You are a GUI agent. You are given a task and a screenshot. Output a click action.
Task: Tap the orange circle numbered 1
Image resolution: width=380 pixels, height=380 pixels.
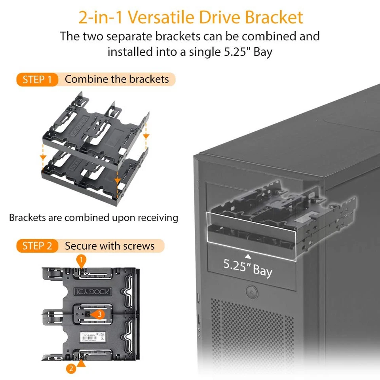click(x=81, y=260)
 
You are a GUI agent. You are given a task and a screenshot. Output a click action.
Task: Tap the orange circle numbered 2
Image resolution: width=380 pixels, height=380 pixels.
click(x=71, y=369)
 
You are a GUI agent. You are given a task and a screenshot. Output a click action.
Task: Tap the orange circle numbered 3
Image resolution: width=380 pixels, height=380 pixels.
click(x=100, y=314)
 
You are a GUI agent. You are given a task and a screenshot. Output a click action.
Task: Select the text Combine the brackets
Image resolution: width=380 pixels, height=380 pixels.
click(x=117, y=79)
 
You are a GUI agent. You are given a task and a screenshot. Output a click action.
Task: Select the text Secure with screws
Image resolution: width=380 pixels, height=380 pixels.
click(x=110, y=246)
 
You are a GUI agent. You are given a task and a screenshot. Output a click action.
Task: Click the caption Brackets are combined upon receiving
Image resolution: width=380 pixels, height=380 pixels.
click(x=93, y=217)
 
